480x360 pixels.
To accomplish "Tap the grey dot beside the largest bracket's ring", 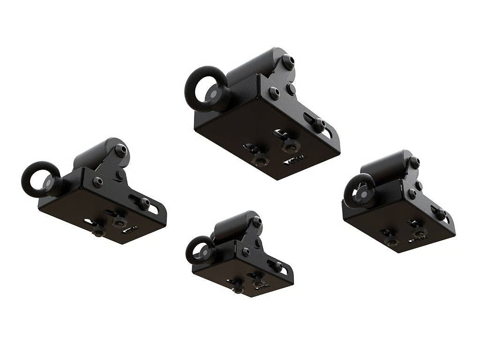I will tap(213, 94).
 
